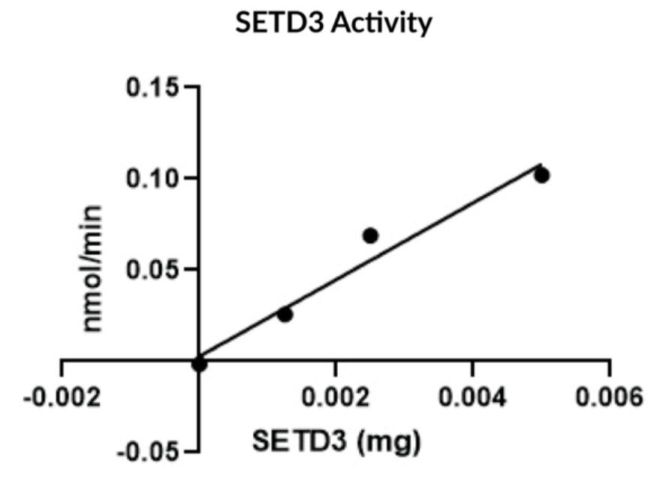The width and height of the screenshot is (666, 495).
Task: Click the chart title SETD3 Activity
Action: tap(333, 24)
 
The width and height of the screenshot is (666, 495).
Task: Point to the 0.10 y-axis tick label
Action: tap(153, 178)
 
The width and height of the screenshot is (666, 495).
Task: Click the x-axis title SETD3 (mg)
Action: tap(336, 442)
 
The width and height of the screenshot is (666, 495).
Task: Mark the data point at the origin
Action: tap(199, 364)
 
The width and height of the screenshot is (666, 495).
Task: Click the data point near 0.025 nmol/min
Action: tap(285, 314)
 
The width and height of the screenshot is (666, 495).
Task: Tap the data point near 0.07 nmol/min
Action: tap(369, 235)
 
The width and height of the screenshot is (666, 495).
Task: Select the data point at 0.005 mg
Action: tap(541, 175)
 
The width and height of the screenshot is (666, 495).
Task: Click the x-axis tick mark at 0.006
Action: tap(609, 367)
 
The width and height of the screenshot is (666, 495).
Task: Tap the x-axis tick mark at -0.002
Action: tap(62, 367)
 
